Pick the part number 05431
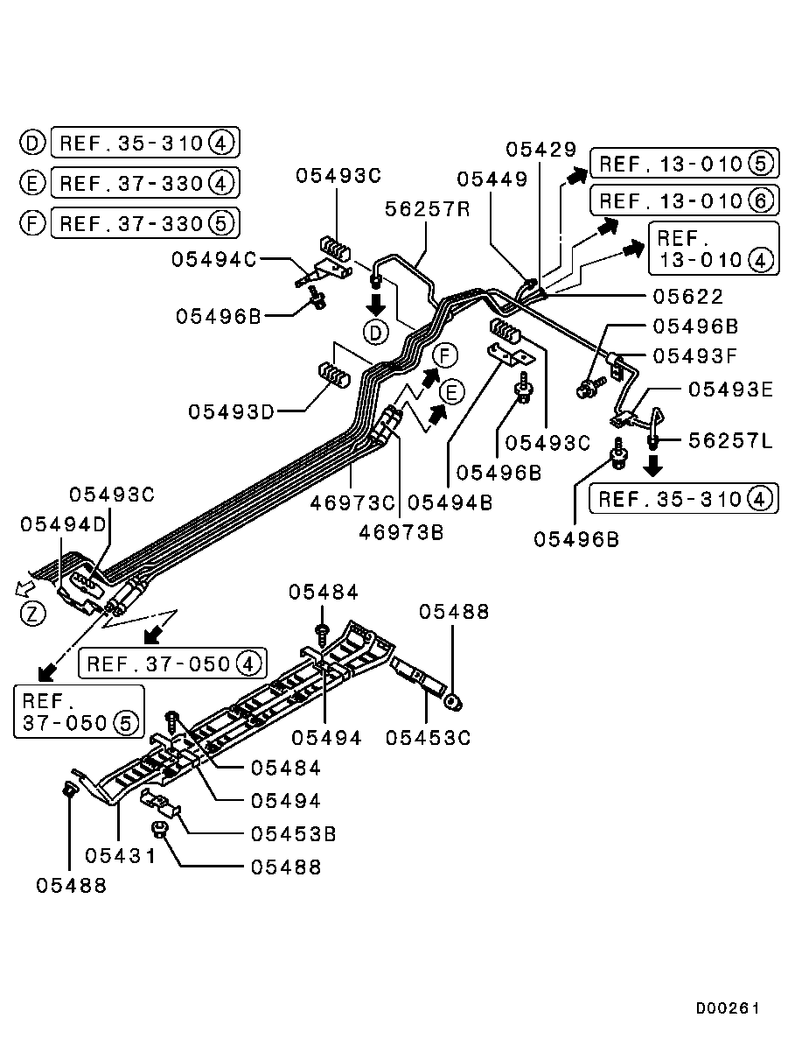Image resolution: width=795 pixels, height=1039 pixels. pos(121,854)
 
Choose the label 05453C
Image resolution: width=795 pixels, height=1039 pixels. pos(429,737)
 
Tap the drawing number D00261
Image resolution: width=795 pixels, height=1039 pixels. pos(727,1007)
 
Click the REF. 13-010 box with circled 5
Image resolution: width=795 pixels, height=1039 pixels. pos(684,164)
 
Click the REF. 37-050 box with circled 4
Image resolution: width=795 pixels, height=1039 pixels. pos(172,663)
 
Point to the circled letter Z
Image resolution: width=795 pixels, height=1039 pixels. pos(32,613)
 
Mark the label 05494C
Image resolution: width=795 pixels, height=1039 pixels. pos(214,259)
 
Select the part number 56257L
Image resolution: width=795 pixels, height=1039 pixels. pos(730,440)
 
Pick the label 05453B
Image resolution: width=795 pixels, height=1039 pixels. pos(293,832)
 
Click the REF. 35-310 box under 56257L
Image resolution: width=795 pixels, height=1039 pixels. pos(683,499)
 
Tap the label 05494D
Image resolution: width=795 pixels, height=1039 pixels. pos(64,523)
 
